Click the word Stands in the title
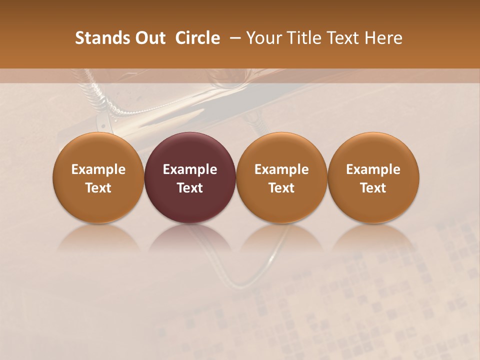97,38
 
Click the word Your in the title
264,38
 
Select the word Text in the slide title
343,38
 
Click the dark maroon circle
190,177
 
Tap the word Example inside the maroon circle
190,169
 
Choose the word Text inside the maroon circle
190,188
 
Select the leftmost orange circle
98,177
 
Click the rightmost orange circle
373,177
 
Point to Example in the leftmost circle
98,169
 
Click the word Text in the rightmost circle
373,188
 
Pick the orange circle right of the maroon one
281,177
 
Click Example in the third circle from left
281,169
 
